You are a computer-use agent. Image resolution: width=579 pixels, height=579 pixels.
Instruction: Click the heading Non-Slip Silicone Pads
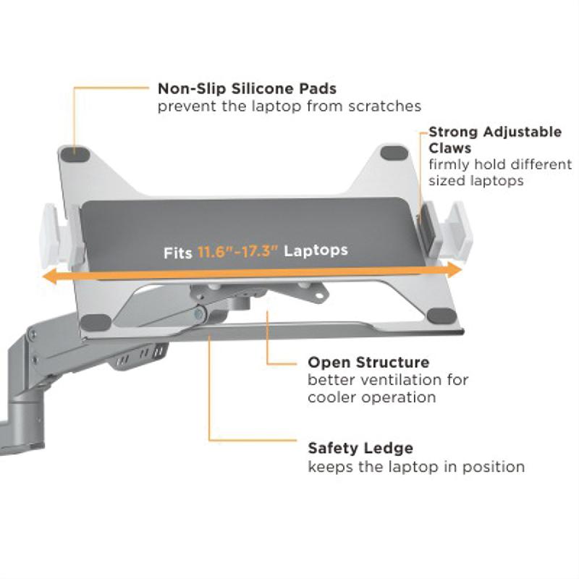247,89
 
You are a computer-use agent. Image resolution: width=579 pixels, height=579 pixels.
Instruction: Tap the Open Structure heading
368,362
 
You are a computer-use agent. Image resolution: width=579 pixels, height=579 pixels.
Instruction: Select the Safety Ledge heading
360,448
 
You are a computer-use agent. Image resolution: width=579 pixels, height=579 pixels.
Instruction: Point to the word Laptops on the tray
316,250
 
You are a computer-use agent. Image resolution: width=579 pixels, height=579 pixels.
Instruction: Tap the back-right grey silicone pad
394,153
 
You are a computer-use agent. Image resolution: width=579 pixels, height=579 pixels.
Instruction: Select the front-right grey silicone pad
439,316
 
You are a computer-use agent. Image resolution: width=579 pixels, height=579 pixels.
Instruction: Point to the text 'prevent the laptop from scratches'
289,106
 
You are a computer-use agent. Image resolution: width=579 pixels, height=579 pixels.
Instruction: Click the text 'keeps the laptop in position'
416,467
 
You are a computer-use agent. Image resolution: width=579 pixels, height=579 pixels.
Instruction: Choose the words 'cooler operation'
371,397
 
